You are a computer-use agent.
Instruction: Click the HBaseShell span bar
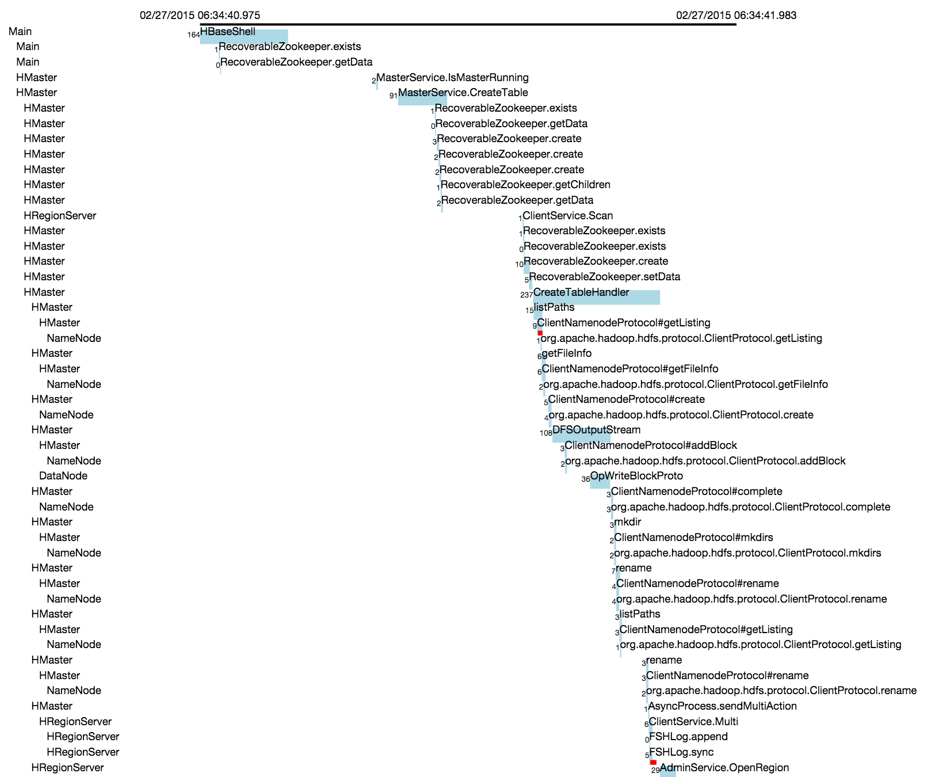pyautogui.click(x=244, y=36)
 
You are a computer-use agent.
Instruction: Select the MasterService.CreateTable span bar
pyautogui.click(x=422, y=98)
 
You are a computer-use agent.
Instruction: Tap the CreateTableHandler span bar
pyautogui.click(x=597, y=297)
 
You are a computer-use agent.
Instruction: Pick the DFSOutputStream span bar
pyautogui.click(x=581, y=435)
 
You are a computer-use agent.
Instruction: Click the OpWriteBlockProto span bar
pyautogui.click(x=600, y=481)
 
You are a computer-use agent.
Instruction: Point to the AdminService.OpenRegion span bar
pyautogui.click(x=668, y=770)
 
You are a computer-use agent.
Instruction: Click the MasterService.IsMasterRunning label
pyautogui.click(x=452, y=78)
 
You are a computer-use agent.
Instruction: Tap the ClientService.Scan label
pyautogui.click(x=568, y=216)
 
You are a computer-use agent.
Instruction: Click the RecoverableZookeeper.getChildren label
pyautogui.click(x=525, y=185)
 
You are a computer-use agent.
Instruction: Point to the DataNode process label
pyautogui.click(x=63, y=476)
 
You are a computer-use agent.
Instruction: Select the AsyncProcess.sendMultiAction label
pyautogui.click(x=723, y=706)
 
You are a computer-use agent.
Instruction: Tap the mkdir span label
pyautogui.click(x=628, y=522)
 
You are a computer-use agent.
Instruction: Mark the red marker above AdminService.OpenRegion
pyautogui.click(x=653, y=762)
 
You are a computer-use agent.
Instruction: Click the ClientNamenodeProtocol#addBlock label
pyautogui.click(x=651, y=445)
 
